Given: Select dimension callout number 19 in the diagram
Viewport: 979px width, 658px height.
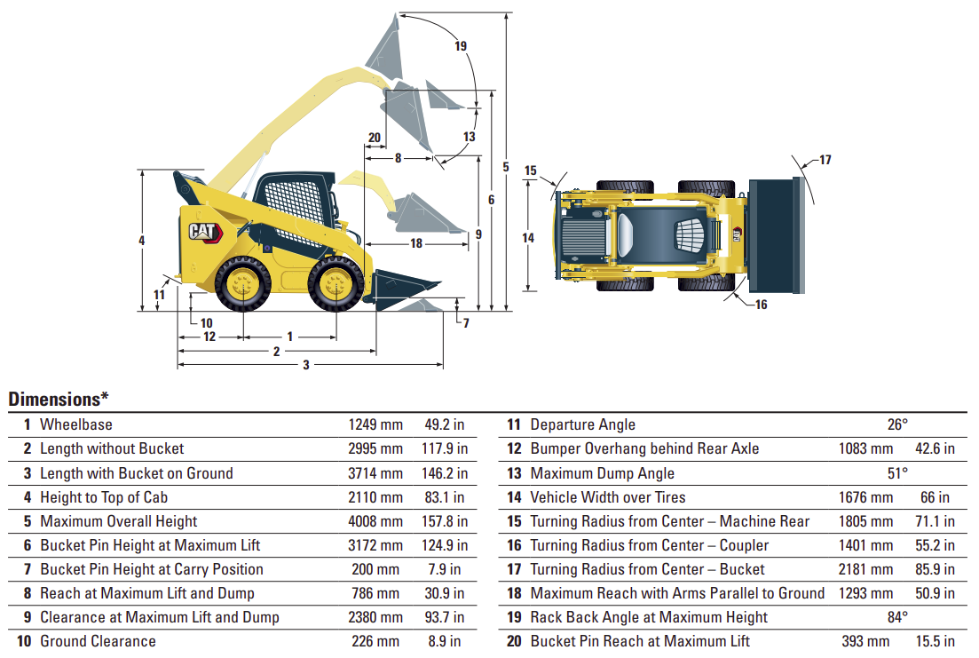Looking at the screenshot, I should (460, 46).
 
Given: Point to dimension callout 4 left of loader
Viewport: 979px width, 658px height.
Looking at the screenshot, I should (142, 240).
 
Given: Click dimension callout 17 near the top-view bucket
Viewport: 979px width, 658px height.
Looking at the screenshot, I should (825, 160).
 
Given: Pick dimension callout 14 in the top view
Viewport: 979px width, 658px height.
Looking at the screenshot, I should (528, 237).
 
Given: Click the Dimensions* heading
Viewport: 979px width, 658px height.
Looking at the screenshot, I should (59, 400).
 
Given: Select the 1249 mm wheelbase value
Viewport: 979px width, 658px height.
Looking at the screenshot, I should (375, 425).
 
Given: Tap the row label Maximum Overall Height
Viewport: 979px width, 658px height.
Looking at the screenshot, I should (118, 521).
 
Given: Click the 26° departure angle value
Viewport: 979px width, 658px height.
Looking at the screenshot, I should (898, 425).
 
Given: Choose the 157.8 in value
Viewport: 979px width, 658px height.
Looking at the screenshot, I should (446, 521).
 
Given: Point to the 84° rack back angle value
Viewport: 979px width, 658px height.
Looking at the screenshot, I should (898, 617).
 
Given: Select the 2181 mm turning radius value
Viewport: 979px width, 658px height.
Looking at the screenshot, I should (865, 569).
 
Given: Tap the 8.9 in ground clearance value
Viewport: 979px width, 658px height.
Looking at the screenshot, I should (446, 641).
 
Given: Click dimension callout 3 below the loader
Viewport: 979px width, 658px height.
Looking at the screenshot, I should (306, 365).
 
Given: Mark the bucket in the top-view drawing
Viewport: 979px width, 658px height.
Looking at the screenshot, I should (777, 236).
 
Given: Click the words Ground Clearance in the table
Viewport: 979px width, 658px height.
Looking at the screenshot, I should (98, 641).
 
